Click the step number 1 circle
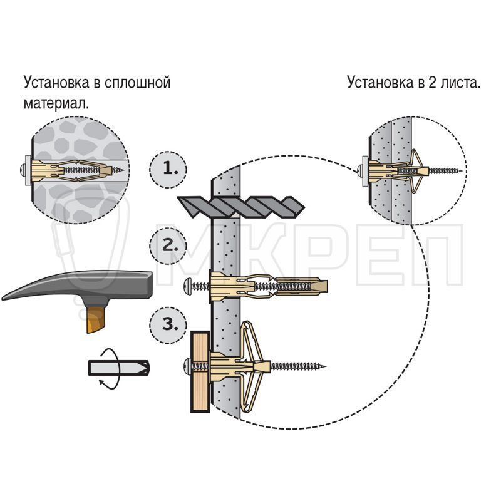coord(168,169)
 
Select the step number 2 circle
coord(168,245)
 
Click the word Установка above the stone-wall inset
coord(56,83)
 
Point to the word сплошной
coord(137,83)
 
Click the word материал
coord(56,104)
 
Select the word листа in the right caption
coord(460,83)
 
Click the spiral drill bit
coord(241,207)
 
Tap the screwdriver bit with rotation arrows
coord(118,368)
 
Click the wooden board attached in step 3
coord(200,372)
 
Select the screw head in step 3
coord(188,366)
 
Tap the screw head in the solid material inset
coord(22,170)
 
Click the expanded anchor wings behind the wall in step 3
coord(252,366)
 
